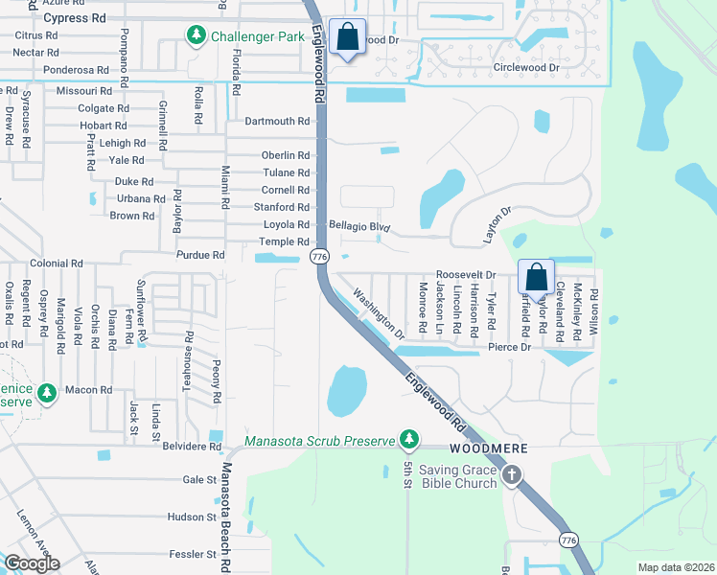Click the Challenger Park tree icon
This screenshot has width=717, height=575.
point(197,35)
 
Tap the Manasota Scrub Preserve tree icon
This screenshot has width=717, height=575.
point(410,440)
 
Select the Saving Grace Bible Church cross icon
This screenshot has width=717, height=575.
point(513,474)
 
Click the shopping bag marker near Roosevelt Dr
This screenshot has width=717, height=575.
point(537,278)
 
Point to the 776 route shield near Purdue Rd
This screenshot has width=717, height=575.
point(319,257)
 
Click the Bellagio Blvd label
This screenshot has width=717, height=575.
point(360,224)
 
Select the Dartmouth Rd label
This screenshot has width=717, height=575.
point(277,122)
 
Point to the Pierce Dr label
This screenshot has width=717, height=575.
point(509,347)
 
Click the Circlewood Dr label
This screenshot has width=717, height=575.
point(525,68)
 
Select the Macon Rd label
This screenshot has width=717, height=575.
point(89,390)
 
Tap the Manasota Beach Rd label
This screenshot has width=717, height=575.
point(227,508)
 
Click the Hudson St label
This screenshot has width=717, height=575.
point(192,517)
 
